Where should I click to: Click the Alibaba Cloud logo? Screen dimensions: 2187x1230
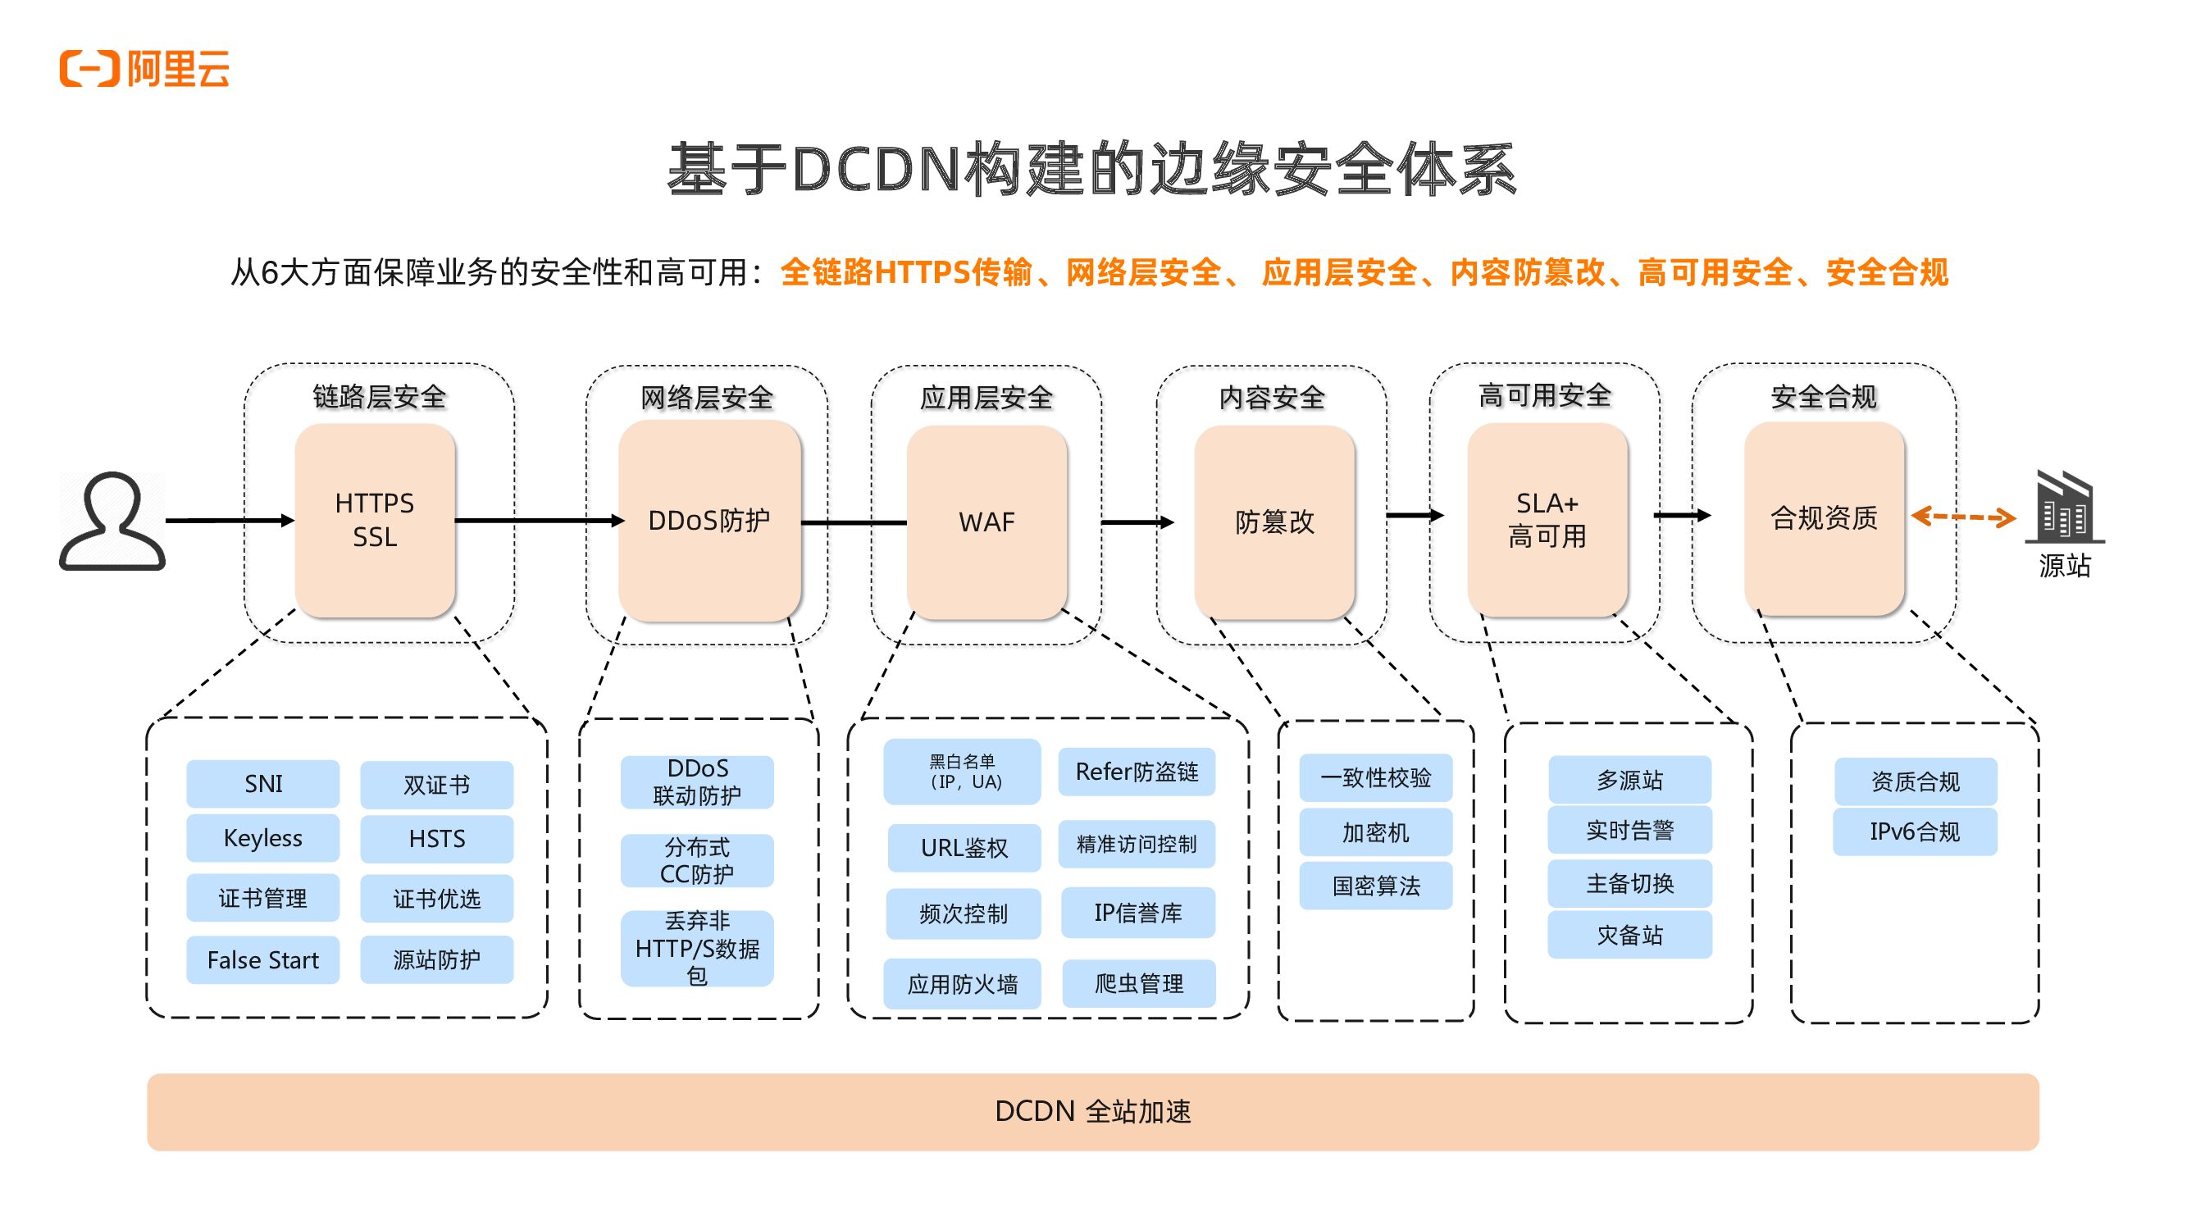pyautogui.click(x=144, y=69)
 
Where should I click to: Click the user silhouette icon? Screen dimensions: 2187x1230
pyautogui.click(x=112, y=521)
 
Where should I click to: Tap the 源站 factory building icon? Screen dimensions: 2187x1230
pyautogui.click(x=2065, y=507)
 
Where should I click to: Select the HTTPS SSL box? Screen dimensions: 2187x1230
pyautogui.click(x=376, y=521)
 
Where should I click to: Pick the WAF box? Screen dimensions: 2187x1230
pyautogui.click(x=986, y=522)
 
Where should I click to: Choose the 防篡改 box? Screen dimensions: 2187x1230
pyautogui.click(x=1274, y=522)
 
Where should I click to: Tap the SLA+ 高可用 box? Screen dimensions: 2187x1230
pyautogui.click(x=1547, y=520)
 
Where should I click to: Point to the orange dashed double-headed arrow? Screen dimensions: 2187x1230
pyautogui.click(x=1964, y=516)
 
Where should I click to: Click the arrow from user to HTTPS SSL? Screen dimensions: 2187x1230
pyautogui.click(x=230, y=521)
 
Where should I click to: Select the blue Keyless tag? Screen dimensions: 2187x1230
pyautogui.click(x=263, y=839)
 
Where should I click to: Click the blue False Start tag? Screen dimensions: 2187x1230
pyautogui.click(x=263, y=960)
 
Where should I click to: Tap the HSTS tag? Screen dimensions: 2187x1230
pyautogui.click(x=437, y=840)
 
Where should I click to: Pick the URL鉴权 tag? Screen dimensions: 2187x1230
pyautogui.click(x=964, y=848)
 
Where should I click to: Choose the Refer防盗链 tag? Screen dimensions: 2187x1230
pyautogui.click(x=1137, y=772)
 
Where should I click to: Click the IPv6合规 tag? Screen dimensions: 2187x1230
pyautogui.click(x=1916, y=831)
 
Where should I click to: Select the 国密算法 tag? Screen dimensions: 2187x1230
pyautogui.click(x=1376, y=886)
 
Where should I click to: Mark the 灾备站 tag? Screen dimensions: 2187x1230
pyautogui.click(x=1630, y=936)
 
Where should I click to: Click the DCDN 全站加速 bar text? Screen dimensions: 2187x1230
pyautogui.click(x=1094, y=1112)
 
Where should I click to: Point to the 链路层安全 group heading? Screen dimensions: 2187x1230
pyautogui.click(x=380, y=396)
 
